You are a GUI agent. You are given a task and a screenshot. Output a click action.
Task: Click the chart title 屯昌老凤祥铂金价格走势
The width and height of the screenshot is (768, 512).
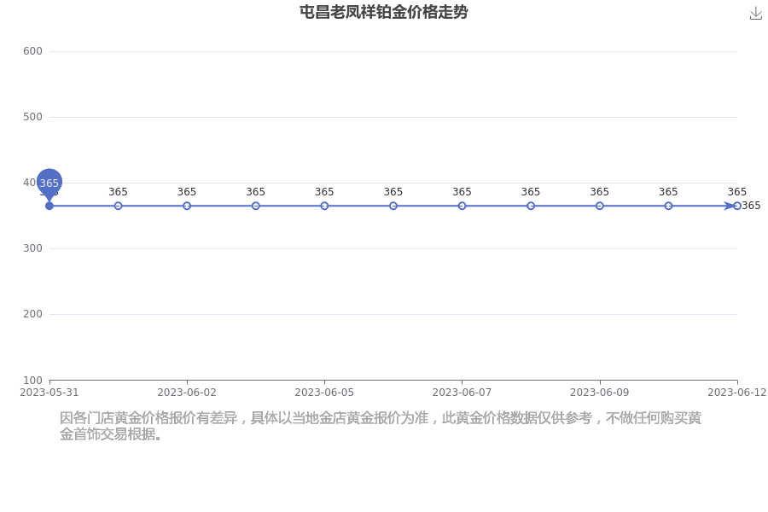(x=383, y=12)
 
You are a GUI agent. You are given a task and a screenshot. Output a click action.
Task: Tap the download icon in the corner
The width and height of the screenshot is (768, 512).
(x=756, y=14)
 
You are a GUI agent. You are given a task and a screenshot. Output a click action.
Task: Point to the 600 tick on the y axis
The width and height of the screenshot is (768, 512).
(x=32, y=51)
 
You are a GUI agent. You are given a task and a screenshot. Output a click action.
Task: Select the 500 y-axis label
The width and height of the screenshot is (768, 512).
(x=32, y=117)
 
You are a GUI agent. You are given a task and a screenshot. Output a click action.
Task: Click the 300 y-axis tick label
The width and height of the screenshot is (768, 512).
(x=32, y=248)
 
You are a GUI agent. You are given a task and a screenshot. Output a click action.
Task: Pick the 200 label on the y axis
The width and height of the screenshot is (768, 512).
(x=32, y=313)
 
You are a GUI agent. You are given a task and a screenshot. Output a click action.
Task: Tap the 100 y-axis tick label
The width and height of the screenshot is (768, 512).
(x=32, y=380)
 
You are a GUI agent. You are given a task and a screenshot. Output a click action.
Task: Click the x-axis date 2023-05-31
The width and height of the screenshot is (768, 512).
(x=49, y=393)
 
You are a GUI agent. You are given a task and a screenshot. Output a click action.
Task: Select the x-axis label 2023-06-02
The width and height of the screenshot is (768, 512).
(x=187, y=393)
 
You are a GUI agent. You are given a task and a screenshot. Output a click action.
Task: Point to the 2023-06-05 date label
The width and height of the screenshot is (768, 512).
(x=324, y=393)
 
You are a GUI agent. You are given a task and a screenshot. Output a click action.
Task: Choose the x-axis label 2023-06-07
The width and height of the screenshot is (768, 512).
(x=462, y=393)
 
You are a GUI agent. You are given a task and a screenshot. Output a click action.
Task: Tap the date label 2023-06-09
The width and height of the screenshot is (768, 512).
(x=600, y=393)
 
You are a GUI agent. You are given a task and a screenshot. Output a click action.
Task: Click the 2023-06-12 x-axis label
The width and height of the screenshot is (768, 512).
(x=736, y=393)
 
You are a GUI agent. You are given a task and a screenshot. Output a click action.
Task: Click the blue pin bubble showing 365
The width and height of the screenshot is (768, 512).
(x=49, y=183)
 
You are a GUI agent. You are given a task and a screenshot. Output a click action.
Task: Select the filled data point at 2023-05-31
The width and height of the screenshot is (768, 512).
(x=49, y=206)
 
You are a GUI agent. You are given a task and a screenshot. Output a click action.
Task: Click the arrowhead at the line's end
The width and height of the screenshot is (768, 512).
(x=730, y=206)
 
